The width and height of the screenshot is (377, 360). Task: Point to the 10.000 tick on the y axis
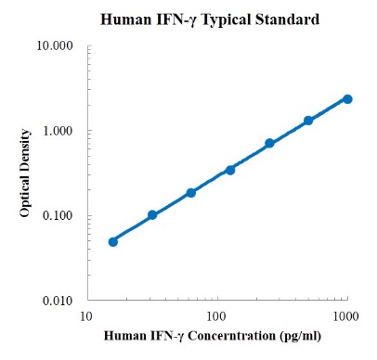pyautogui.click(x=56, y=45)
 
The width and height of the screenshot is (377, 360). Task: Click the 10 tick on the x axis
pyautogui.click(x=86, y=316)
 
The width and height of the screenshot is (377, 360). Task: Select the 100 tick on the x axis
pyautogui.click(x=216, y=316)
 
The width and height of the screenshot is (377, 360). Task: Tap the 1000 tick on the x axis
pyautogui.click(x=347, y=316)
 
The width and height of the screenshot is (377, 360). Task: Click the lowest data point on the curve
pyautogui.click(x=113, y=241)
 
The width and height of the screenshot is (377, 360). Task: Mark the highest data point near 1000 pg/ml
pyautogui.click(x=347, y=98)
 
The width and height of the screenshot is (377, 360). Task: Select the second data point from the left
pyautogui.click(x=152, y=215)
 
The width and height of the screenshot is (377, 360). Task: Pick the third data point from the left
pyautogui.click(x=191, y=192)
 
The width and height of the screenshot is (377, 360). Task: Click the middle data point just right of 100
pyautogui.click(x=230, y=170)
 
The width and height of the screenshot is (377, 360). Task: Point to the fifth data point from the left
pyautogui.click(x=269, y=143)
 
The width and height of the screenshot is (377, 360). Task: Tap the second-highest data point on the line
pyautogui.click(x=308, y=121)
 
